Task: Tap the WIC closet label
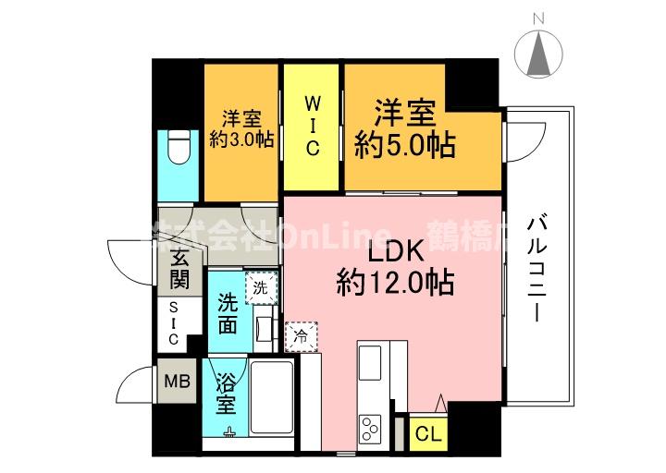(x=313, y=123)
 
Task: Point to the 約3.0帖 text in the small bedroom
(x=240, y=139)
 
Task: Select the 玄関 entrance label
(x=180, y=268)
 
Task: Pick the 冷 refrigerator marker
(x=301, y=336)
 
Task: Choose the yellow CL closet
(x=427, y=432)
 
